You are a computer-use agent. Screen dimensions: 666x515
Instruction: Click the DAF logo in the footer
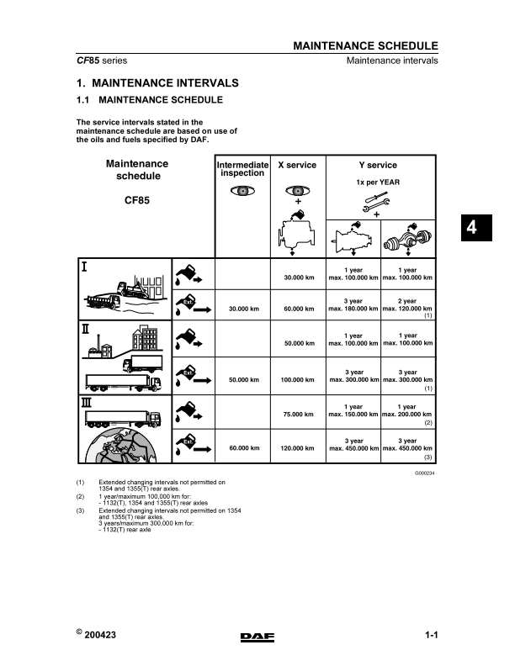[x=257, y=637]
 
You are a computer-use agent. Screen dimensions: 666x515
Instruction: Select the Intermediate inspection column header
[x=242, y=169]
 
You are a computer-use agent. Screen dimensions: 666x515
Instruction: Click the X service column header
[x=296, y=166]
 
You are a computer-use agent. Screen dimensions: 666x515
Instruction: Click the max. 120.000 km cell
[x=407, y=309]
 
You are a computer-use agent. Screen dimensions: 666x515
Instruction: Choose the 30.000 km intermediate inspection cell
[x=242, y=309]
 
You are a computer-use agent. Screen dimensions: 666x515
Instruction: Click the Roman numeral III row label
[x=87, y=404]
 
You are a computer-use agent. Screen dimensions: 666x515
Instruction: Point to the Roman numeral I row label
[x=85, y=267]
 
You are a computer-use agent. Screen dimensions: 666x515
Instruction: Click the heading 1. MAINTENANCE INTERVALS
[x=157, y=83]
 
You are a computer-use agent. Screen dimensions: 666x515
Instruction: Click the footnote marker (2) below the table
[x=80, y=496]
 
